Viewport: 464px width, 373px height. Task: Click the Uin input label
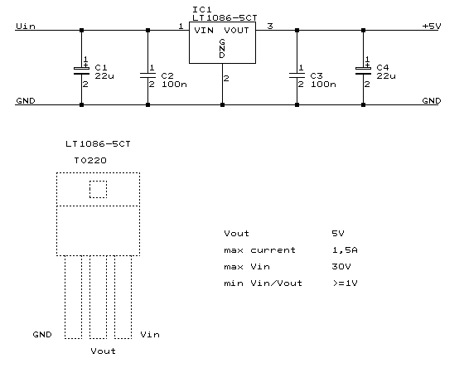(24, 27)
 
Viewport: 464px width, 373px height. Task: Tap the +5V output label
(431, 27)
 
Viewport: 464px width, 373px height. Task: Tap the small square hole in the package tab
(99, 189)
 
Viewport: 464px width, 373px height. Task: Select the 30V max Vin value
(339, 266)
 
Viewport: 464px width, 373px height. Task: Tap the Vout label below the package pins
(102, 351)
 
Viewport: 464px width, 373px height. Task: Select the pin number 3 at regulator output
(269, 26)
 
